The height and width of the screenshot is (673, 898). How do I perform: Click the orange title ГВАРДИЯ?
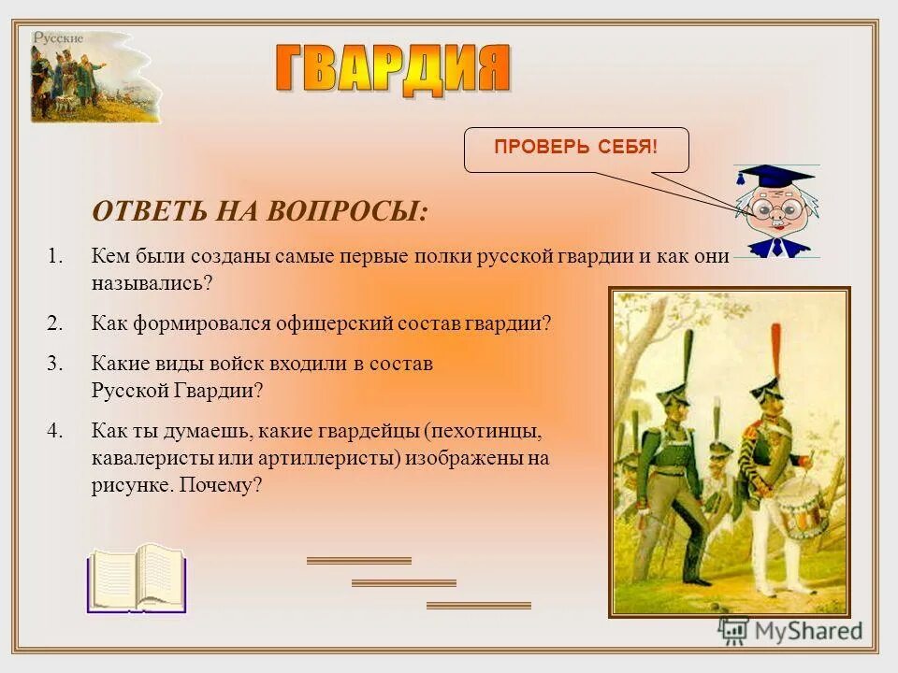coord(393,67)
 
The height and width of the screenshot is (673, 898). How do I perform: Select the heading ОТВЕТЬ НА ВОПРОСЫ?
coord(260,210)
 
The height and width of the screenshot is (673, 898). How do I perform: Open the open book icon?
coord(137,579)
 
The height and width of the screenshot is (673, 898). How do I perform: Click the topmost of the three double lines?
coord(358,561)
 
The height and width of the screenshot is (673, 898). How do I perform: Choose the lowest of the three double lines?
coord(478,606)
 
